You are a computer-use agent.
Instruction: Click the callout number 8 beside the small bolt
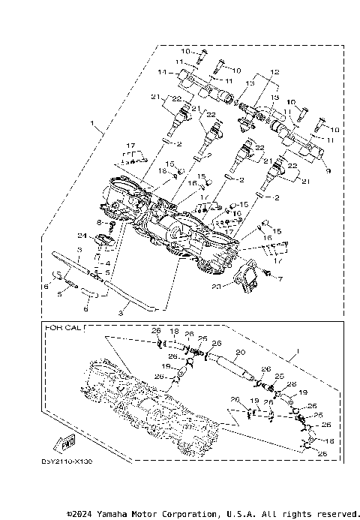pyautogui.click(x=100, y=224)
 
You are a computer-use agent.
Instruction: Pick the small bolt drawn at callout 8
pyautogui.click(x=111, y=225)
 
